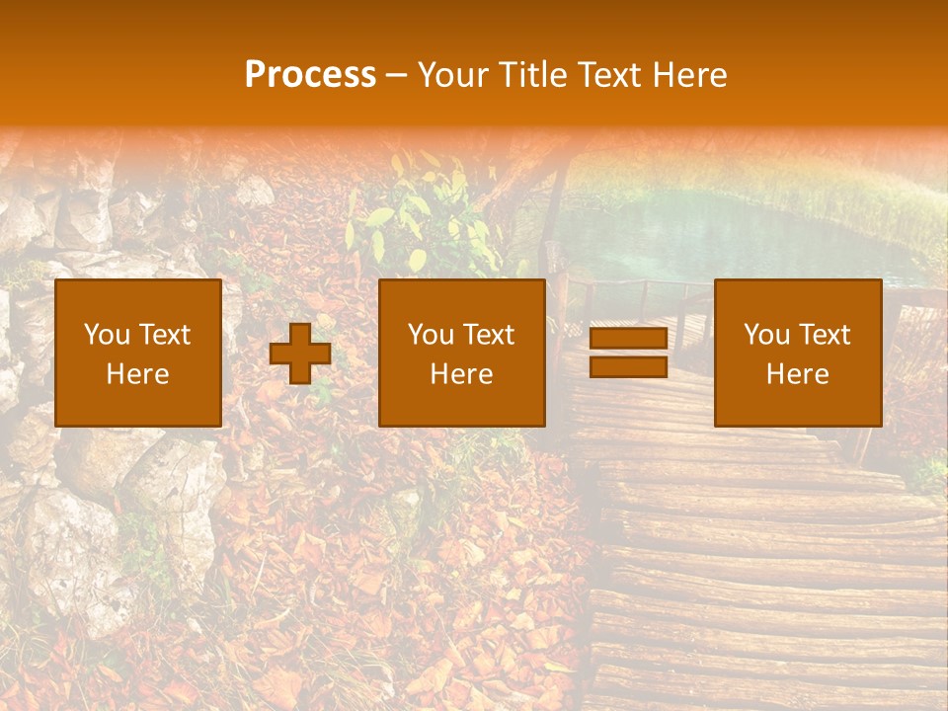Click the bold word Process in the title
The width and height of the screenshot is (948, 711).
(310, 75)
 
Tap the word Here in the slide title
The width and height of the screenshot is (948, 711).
(688, 75)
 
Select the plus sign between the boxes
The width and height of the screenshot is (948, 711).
(300, 354)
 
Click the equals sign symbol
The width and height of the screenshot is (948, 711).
(628, 353)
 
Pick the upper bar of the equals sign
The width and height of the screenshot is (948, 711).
(628, 339)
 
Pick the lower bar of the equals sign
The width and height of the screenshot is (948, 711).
(628, 366)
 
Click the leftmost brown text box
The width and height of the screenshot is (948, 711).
(138, 353)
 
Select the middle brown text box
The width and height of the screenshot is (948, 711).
(462, 353)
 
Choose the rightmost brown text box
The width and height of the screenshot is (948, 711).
(798, 353)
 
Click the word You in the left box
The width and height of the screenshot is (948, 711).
(105, 335)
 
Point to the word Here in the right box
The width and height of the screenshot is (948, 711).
(798, 374)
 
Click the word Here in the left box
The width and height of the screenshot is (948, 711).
(138, 374)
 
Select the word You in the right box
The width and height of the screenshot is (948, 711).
(765, 335)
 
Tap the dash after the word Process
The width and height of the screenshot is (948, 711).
(396, 76)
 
